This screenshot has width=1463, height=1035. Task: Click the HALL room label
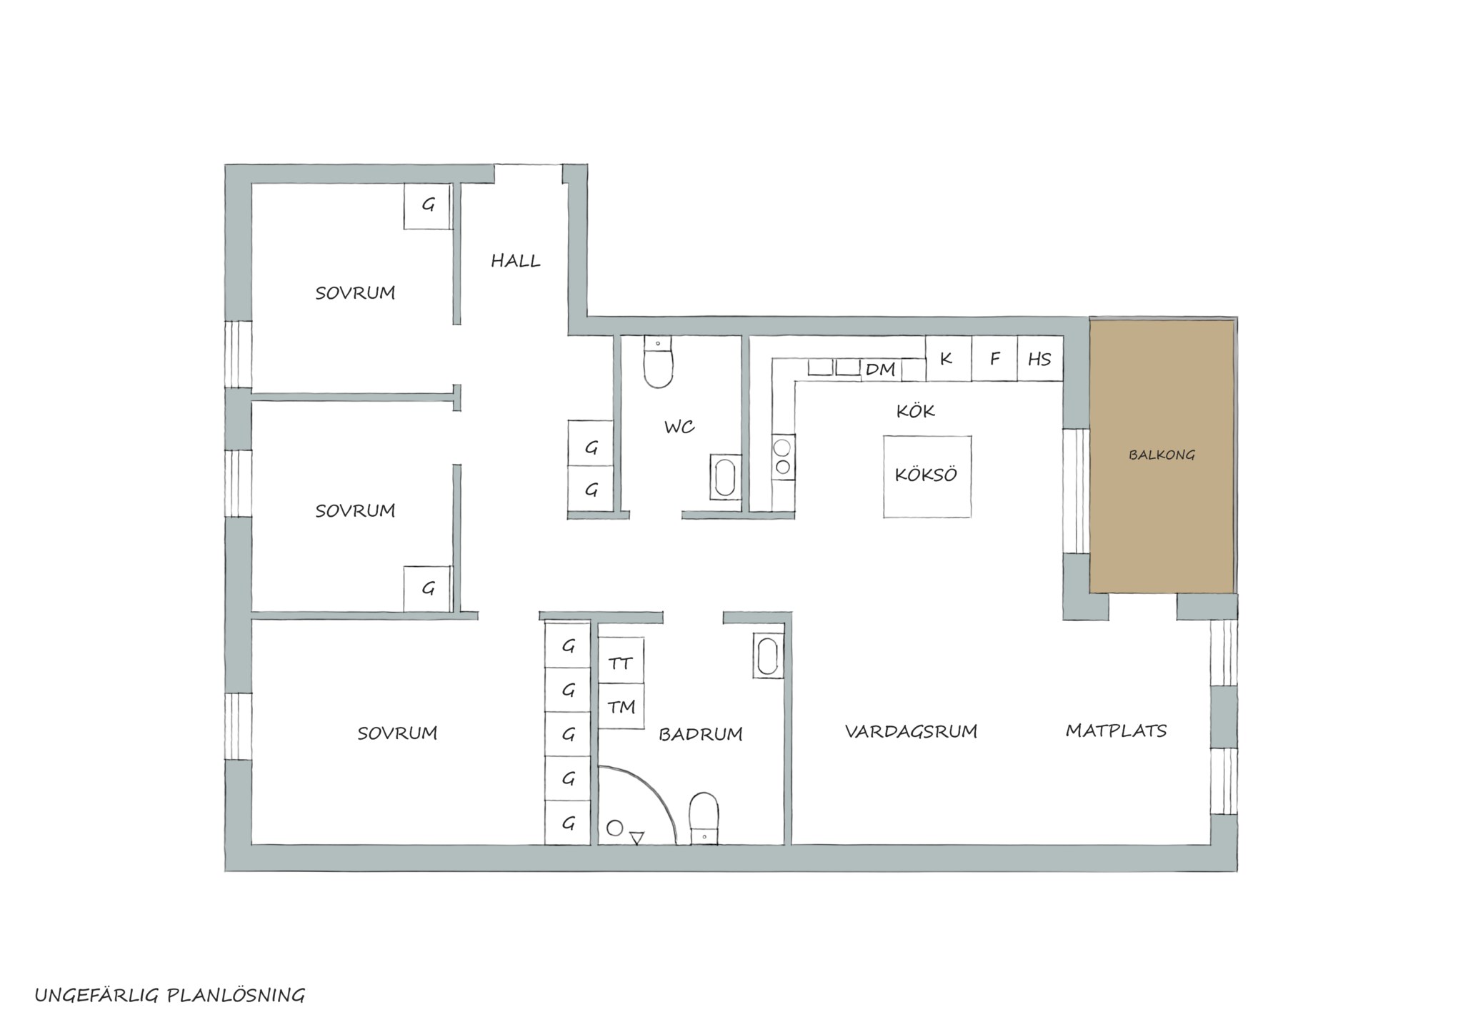click(x=515, y=261)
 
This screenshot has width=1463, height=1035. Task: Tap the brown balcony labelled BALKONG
click(x=1162, y=456)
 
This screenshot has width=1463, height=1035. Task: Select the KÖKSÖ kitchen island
click(x=927, y=476)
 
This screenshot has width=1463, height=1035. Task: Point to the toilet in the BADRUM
click(x=704, y=818)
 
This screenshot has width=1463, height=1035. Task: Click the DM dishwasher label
click(x=880, y=370)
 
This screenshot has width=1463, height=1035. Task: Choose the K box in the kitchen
click(x=948, y=359)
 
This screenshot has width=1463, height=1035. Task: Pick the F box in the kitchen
click(x=994, y=359)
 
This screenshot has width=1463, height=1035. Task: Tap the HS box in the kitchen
click(x=1040, y=359)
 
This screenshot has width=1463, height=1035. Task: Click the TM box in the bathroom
click(x=621, y=706)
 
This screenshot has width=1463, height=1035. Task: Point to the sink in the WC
click(x=725, y=477)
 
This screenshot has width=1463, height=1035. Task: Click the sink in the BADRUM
click(x=768, y=655)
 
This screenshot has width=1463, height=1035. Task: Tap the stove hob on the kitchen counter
click(x=783, y=457)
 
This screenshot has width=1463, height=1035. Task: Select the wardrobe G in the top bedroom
click(x=427, y=207)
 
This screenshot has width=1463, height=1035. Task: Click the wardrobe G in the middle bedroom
click(x=427, y=589)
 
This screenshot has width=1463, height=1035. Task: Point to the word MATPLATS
click(x=1116, y=731)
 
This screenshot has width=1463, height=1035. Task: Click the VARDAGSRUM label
click(x=911, y=731)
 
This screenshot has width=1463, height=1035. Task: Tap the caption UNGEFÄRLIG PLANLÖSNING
click(x=170, y=995)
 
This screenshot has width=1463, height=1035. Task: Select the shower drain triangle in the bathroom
click(x=637, y=838)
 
